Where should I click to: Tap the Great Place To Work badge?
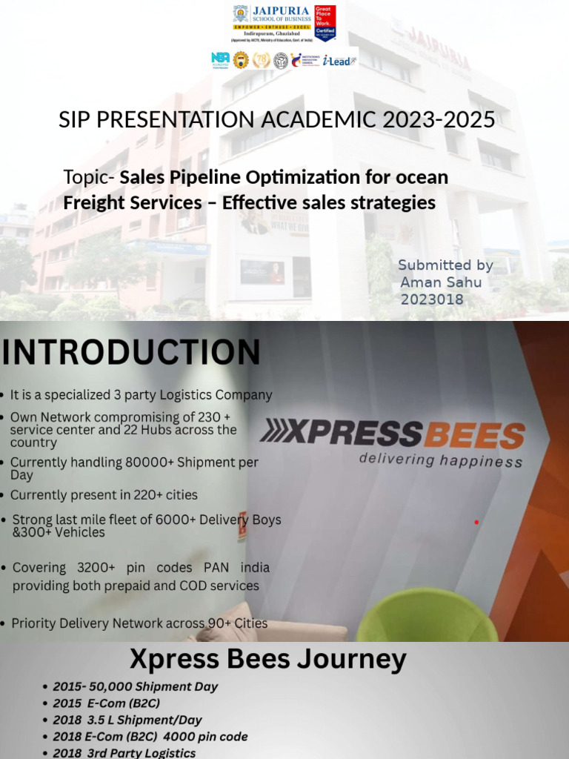pos(325,22)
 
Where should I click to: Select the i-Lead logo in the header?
pos(340,61)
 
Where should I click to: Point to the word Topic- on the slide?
pos(89,178)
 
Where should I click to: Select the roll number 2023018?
pos(432,299)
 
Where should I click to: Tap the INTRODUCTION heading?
pos(131,352)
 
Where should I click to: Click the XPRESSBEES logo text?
pos(393,434)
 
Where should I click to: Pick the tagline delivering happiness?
pos(440,460)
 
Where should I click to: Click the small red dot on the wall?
pos(476,523)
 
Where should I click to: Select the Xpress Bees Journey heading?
pos(268,659)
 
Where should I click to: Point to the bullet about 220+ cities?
pos(104,494)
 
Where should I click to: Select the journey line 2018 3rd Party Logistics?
pos(124,753)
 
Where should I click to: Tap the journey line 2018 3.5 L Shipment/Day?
pos(127,720)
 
